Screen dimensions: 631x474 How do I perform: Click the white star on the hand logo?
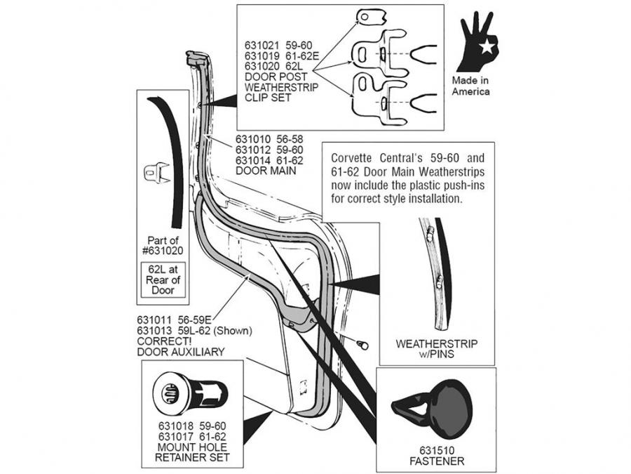click(487, 47)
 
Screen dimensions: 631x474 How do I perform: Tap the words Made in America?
click(470, 86)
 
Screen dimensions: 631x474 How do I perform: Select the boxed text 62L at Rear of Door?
click(163, 279)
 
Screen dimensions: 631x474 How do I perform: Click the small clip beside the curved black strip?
click(156, 172)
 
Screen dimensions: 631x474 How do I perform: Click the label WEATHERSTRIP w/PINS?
click(437, 349)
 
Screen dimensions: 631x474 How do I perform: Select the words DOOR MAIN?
click(266, 171)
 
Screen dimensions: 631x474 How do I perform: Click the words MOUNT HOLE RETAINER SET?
click(192, 452)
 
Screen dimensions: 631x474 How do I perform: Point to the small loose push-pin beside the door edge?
click(362, 345)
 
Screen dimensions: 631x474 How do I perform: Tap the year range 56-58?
click(290, 140)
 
